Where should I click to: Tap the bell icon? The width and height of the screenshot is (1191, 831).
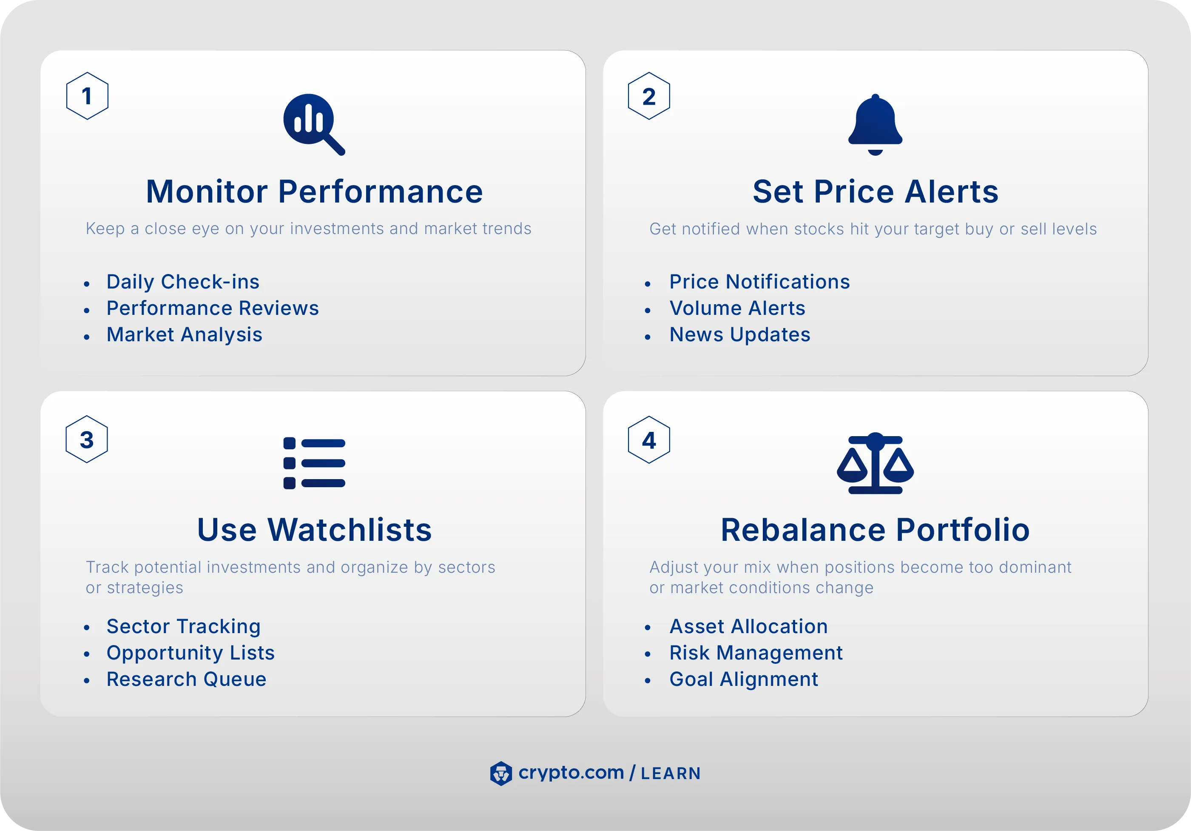875,125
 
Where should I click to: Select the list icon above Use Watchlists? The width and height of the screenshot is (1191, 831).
314,463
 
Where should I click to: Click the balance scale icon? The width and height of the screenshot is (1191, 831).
875,463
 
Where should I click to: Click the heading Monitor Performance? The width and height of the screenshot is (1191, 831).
314,191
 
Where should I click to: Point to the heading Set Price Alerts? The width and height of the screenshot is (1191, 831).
875,191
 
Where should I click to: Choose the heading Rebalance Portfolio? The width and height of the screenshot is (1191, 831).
875,530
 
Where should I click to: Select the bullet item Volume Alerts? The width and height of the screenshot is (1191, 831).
737,308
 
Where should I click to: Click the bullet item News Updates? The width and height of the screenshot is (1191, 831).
740,335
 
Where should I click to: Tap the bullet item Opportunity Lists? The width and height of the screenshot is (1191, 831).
190,653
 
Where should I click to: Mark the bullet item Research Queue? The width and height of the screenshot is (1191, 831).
186,680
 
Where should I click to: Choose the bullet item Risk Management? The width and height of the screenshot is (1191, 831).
756,653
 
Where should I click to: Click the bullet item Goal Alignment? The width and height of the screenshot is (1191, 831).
744,680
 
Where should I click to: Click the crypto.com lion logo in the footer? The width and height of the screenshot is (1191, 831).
500,774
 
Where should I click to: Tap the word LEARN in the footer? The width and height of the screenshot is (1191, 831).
671,774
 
